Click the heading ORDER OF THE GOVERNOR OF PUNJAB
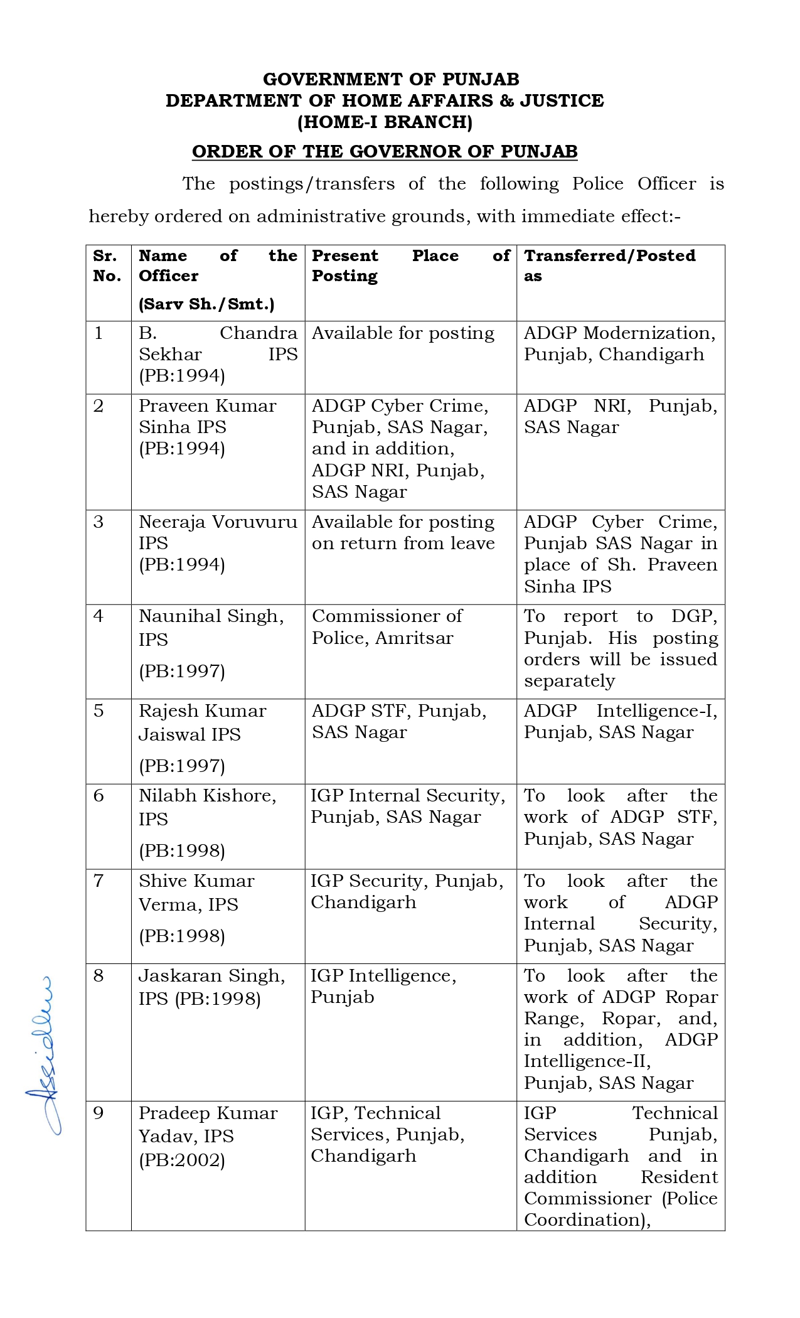(x=385, y=152)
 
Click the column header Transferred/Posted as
(x=609, y=265)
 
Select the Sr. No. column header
(x=107, y=265)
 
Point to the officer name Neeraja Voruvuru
(x=218, y=522)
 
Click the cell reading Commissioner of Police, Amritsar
(x=387, y=627)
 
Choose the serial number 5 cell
(x=99, y=711)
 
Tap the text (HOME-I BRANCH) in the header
(x=385, y=122)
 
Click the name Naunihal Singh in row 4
(x=211, y=616)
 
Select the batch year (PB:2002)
(x=182, y=1160)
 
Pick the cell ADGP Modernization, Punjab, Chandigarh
(x=619, y=343)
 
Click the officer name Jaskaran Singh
(x=211, y=976)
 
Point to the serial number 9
(x=99, y=1113)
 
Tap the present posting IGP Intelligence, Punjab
(x=383, y=986)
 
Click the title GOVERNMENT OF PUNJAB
(x=391, y=79)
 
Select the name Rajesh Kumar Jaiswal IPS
(x=202, y=722)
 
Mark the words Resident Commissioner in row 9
(x=620, y=1188)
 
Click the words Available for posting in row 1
(x=403, y=333)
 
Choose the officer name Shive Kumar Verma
(x=196, y=892)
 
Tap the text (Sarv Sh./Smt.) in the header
(x=206, y=304)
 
